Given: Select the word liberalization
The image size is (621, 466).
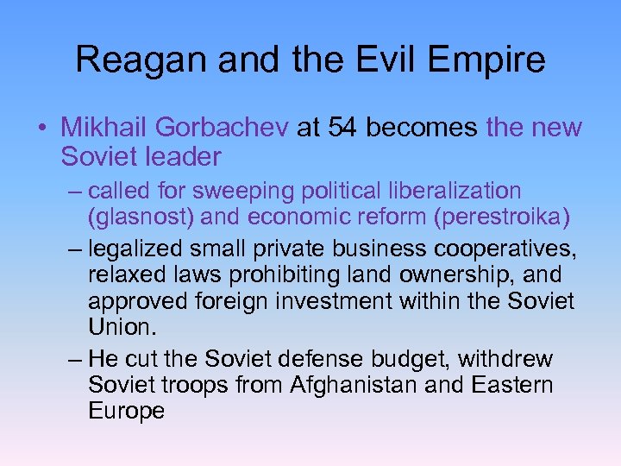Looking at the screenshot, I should point(458,190).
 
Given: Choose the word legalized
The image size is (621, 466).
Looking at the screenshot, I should point(138,250).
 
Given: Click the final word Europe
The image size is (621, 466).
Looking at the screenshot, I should point(126,411).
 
